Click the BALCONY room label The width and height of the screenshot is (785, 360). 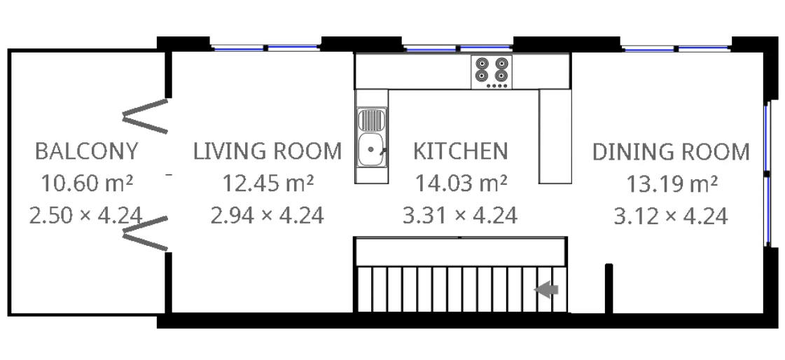(x=86, y=151)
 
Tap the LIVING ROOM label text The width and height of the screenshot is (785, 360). (x=268, y=151)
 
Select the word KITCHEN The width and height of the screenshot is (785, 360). (x=460, y=151)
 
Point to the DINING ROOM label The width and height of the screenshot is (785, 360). (x=671, y=152)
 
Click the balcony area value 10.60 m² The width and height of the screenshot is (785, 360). (x=86, y=184)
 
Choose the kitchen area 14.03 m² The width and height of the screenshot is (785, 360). (x=460, y=184)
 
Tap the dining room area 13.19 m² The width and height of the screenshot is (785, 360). (x=671, y=184)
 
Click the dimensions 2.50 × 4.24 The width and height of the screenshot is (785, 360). (x=86, y=215)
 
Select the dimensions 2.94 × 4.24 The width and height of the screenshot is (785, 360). (x=268, y=215)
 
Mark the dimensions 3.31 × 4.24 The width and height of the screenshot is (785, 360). (x=460, y=215)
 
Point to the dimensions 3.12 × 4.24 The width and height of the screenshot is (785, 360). (x=671, y=215)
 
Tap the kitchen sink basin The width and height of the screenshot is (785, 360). (x=371, y=149)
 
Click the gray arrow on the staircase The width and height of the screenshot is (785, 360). (x=546, y=289)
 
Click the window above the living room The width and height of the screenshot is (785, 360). (x=265, y=48)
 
